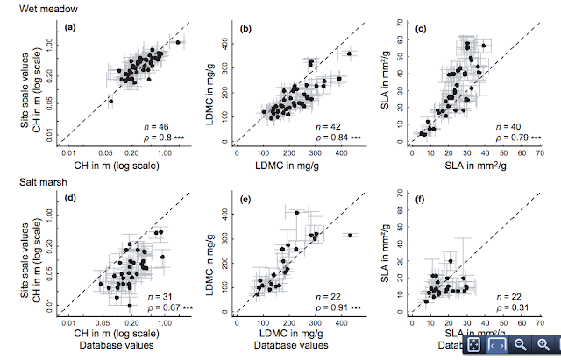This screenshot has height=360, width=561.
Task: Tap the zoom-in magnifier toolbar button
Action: pos(543,346)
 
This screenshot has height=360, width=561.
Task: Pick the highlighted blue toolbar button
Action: pos(496,346)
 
